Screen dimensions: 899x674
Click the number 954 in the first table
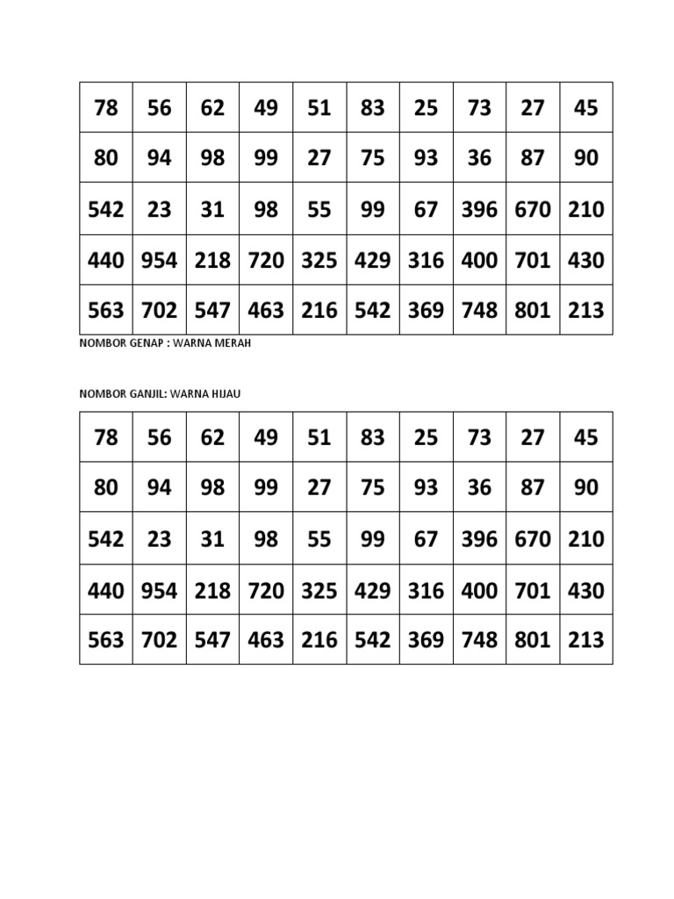(159, 261)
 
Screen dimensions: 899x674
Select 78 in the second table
(105, 437)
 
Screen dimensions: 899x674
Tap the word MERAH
(231, 343)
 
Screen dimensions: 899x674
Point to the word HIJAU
(223, 394)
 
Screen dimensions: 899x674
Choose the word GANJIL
(145, 394)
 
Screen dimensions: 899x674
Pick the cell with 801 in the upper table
(533, 311)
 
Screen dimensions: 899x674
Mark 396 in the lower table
(479, 539)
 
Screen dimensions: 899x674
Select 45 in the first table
(585, 108)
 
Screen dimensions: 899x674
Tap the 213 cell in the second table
(585, 640)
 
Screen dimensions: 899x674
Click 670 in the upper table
(533, 210)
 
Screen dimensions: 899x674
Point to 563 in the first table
(105, 311)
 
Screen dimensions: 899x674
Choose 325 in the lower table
(319, 590)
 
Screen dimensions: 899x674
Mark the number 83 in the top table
(373, 108)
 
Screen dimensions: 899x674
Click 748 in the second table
(479, 640)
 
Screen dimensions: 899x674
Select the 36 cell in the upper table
(479, 159)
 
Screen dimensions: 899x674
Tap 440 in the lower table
(105, 590)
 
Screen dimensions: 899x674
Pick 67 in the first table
(426, 210)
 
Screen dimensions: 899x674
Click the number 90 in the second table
(585, 488)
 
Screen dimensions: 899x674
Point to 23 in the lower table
(159, 539)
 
